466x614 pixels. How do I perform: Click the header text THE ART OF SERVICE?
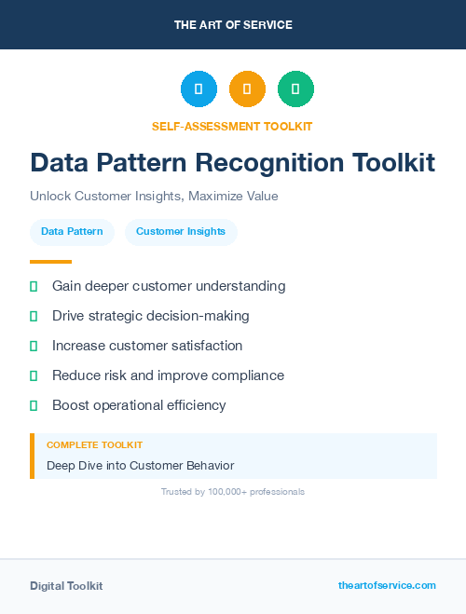tap(233, 25)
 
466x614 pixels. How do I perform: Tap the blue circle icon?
tap(199, 89)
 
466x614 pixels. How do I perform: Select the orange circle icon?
tap(247, 89)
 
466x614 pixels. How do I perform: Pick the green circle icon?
tap(295, 89)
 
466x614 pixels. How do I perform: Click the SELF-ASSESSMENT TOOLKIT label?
tap(232, 126)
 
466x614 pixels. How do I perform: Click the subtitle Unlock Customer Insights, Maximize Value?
tap(154, 197)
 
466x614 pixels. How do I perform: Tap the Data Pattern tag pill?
tap(72, 231)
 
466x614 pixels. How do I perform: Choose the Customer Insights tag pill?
tap(181, 231)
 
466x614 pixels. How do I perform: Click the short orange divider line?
tap(50, 262)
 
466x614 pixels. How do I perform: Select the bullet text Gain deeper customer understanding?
tap(169, 286)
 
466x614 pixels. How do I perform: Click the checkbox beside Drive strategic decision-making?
tap(34, 317)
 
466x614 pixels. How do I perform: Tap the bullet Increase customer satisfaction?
tap(147, 346)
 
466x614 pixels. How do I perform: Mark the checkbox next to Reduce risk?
tap(34, 376)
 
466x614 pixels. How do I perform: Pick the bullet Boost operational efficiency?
tap(139, 405)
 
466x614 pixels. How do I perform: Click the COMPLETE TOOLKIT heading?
tap(94, 445)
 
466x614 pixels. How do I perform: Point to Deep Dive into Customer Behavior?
tap(140, 465)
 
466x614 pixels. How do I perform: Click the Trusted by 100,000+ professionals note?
tap(233, 491)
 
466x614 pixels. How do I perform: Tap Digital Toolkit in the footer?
tap(66, 585)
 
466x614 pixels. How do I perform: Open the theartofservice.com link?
tap(387, 585)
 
